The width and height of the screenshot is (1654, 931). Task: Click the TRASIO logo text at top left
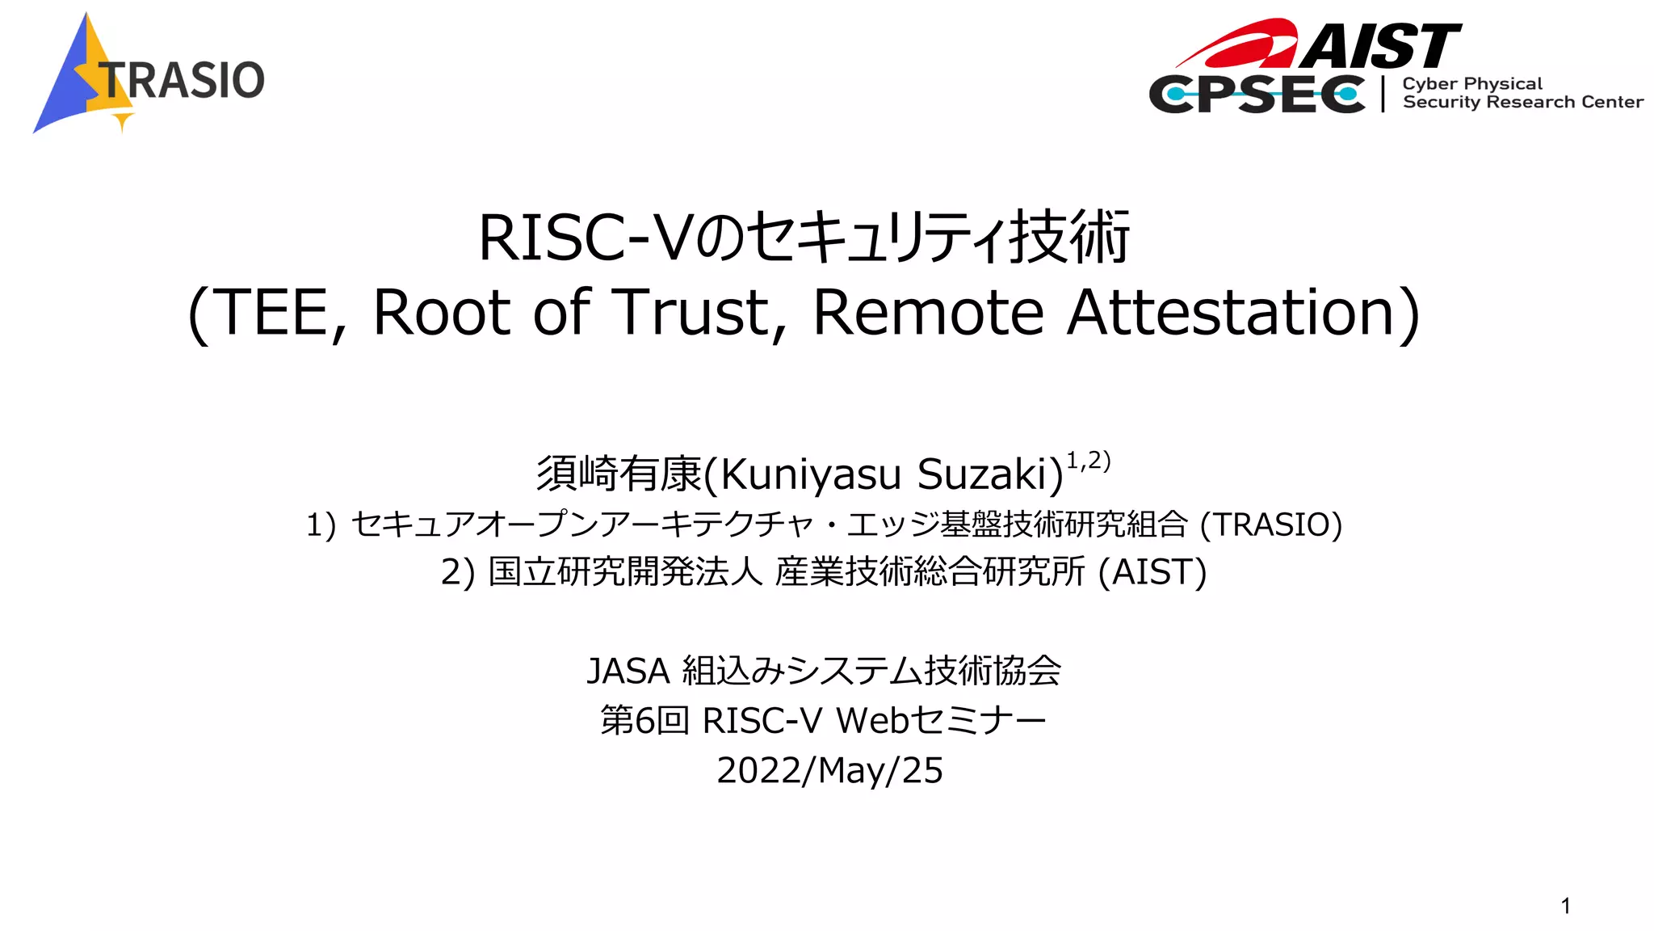(x=183, y=80)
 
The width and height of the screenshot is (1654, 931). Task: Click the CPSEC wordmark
(x=1257, y=95)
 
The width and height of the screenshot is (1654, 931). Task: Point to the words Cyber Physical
(x=1471, y=84)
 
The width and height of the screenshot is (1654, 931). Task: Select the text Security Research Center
(x=1522, y=103)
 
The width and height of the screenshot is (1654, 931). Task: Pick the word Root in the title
(x=441, y=313)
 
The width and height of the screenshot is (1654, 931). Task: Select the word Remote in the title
(x=928, y=313)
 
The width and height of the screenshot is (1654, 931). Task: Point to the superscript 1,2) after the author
(x=1088, y=461)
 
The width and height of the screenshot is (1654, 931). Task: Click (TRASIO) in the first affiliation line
(x=1270, y=524)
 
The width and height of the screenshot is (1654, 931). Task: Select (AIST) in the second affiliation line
(x=1152, y=572)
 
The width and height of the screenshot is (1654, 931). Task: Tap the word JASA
(x=628, y=671)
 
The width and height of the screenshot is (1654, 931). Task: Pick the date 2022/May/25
(x=829, y=770)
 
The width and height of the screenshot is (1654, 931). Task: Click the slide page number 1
(x=1565, y=906)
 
